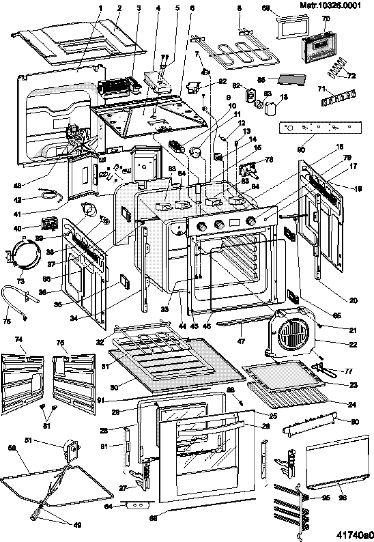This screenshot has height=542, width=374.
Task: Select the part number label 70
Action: (x=326, y=19)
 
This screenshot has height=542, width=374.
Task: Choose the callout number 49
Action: (x=78, y=525)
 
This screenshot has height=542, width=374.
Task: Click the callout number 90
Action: (x=301, y=149)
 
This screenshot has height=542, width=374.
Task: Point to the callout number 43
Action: (x=17, y=185)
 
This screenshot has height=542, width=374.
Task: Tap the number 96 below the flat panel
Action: (x=342, y=497)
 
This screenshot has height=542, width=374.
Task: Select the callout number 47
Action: (x=241, y=341)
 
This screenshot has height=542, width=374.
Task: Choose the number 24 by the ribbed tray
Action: (x=352, y=405)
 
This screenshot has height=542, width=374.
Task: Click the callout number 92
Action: (x=223, y=81)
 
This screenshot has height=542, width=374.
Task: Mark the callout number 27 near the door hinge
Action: (x=123, y=488)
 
